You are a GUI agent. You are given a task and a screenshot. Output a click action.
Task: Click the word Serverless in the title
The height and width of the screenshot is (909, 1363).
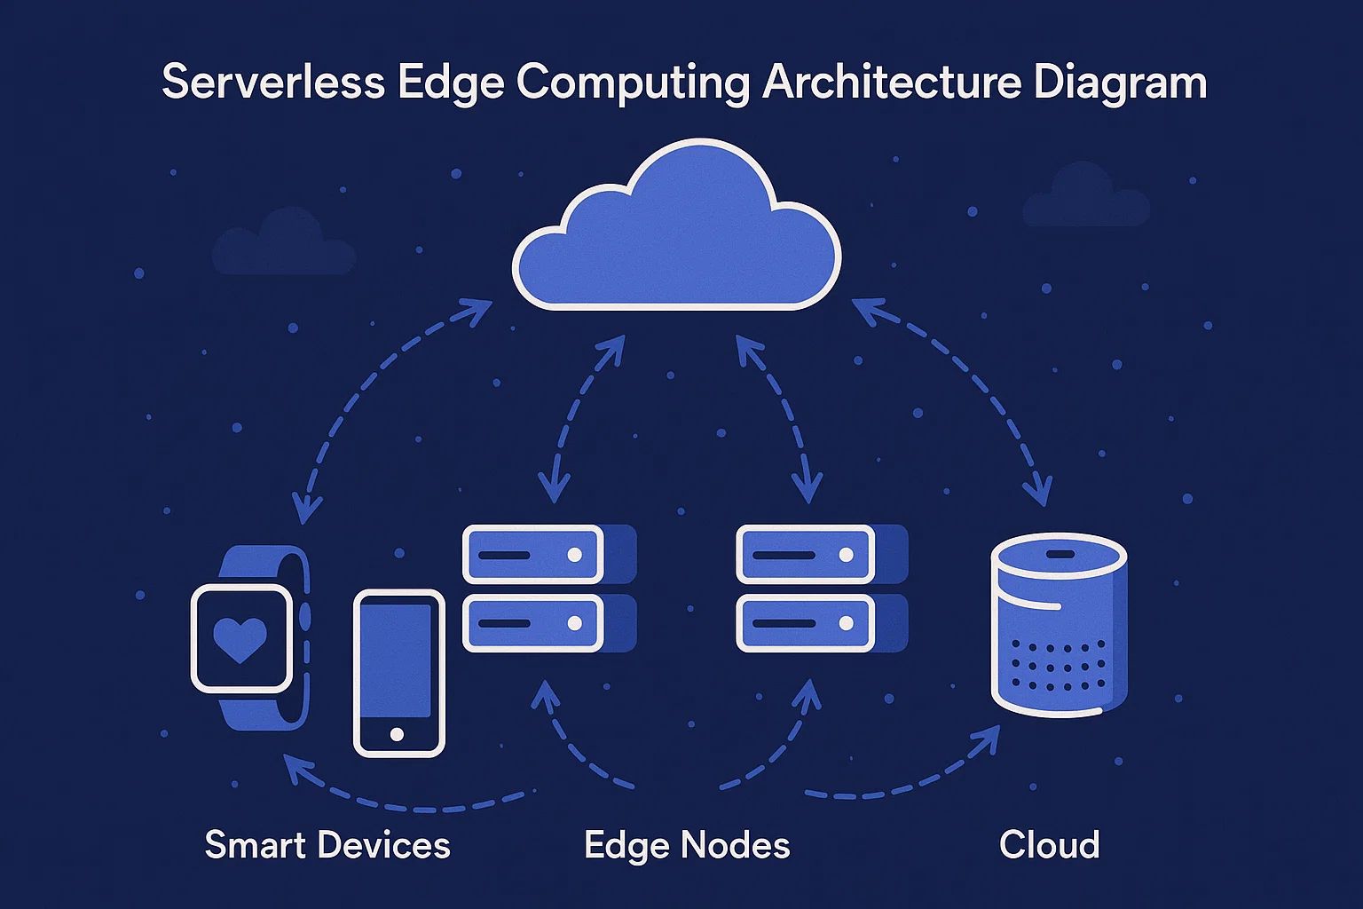pyautogui.click(x=272, y=83)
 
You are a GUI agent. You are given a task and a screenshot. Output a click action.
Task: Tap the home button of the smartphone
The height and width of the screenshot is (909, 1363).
pyautogui.click(x=397, y=734)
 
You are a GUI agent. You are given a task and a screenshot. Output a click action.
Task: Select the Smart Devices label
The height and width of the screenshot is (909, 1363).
pyautogui.click(x=327, y=845)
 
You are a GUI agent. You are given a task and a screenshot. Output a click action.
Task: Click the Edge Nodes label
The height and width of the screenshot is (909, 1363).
pyautogui.click(x=687, y=845)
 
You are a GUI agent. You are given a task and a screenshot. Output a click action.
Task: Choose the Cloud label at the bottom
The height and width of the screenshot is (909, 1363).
pyautogui.click(x=1049, y=845)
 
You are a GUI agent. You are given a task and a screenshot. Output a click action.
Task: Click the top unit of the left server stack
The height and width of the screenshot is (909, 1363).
pyautogui.click(x=533, y=555)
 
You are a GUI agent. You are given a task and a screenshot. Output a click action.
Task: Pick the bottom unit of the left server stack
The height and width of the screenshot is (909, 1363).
pyautogui.click(x=533, y=623)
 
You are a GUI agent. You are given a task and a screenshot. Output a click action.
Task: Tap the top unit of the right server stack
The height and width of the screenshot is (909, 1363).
pyautogui.click(x=806, y=555)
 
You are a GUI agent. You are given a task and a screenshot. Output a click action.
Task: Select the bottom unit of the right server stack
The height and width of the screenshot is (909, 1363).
pyautogui.click(x=806, y=623)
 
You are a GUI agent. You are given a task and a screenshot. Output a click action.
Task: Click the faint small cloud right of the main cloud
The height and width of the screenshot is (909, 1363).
pyautogui.click(x=1085, y=197)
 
